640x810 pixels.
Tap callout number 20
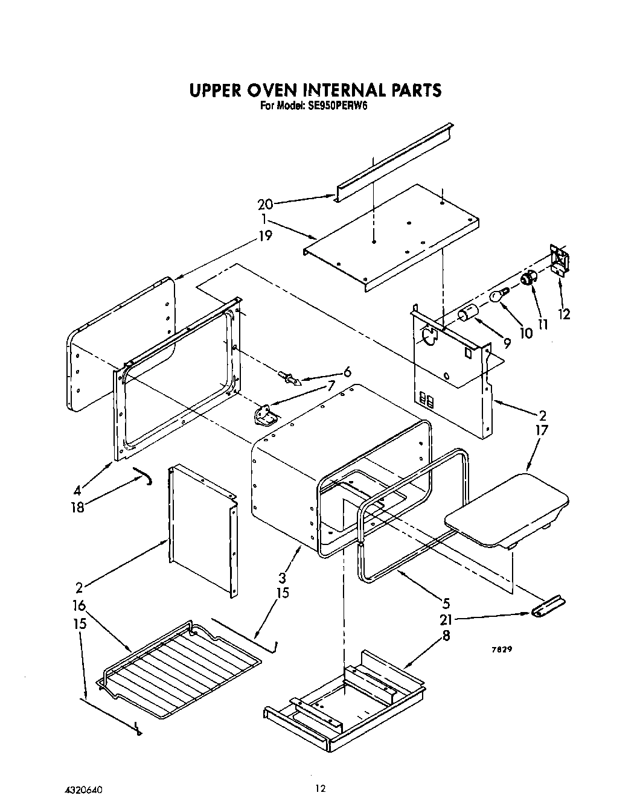[x=266, y=204]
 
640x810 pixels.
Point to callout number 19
[x=265, y=235]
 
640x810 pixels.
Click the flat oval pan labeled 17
[x=507, y=510]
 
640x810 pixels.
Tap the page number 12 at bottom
[x=320, y=787]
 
